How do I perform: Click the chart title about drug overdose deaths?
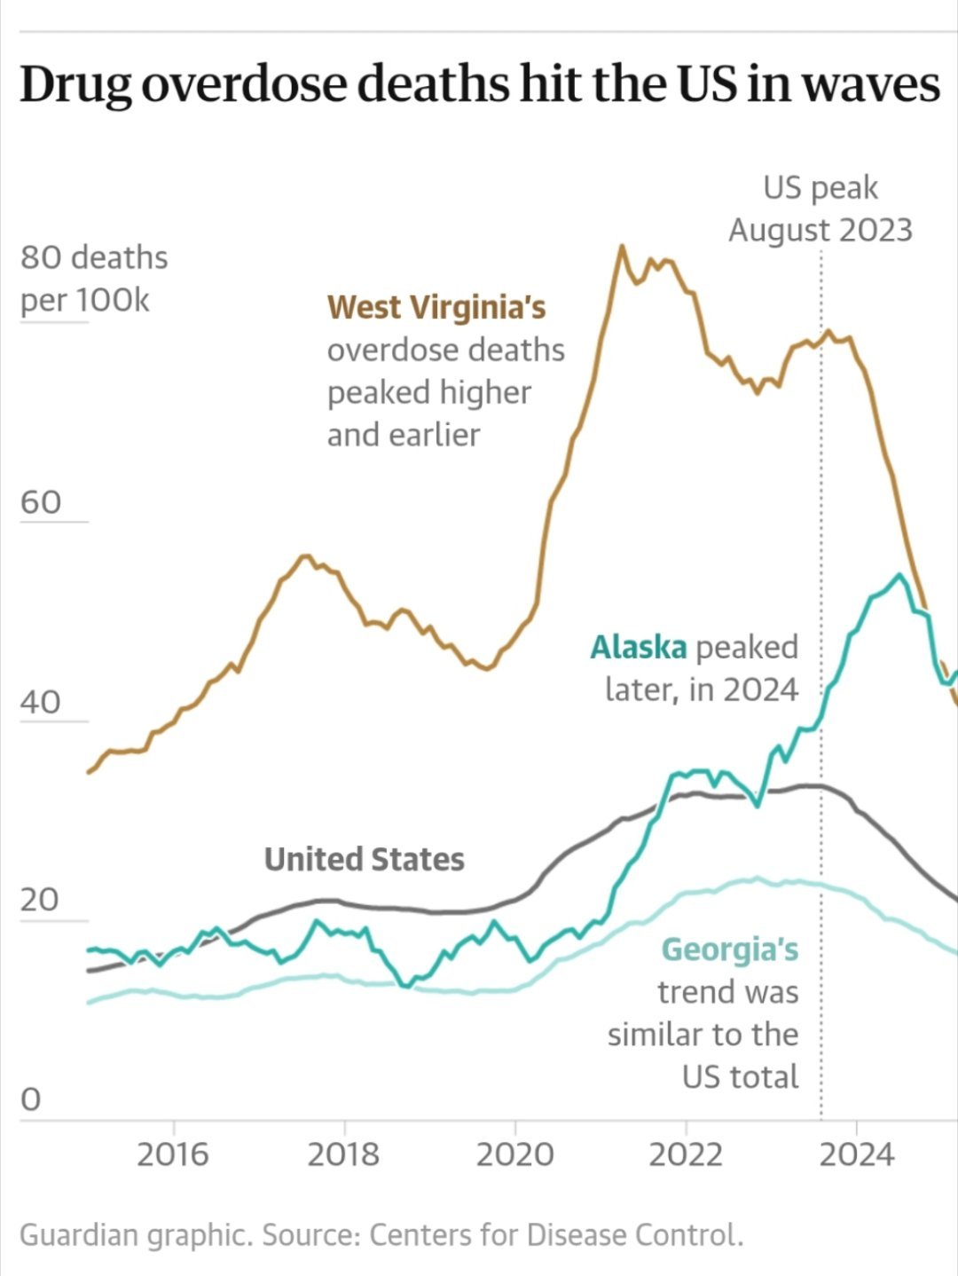coord(479,85)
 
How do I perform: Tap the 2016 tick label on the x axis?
coord(173,1154)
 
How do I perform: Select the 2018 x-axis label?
coord(343,1154)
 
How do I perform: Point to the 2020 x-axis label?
coord(514,1154)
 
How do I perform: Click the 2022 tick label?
coord(686,1154)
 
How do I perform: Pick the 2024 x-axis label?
coord(857,1154)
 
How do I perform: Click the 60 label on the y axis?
coord(41,502)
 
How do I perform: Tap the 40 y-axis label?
coord(41,702)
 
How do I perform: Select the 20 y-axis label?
coord(40,900)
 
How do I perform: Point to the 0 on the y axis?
coord(30,1099)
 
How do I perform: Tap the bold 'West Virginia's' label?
coord(436,308)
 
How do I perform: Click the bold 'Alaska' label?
coord(638,648)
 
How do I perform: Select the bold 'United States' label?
coord(365,859)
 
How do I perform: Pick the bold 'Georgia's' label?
coord(730,949)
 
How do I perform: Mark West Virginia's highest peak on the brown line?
coord(622,247)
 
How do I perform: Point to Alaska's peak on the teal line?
coord(899,575)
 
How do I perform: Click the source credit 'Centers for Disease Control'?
coord(555,1234)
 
